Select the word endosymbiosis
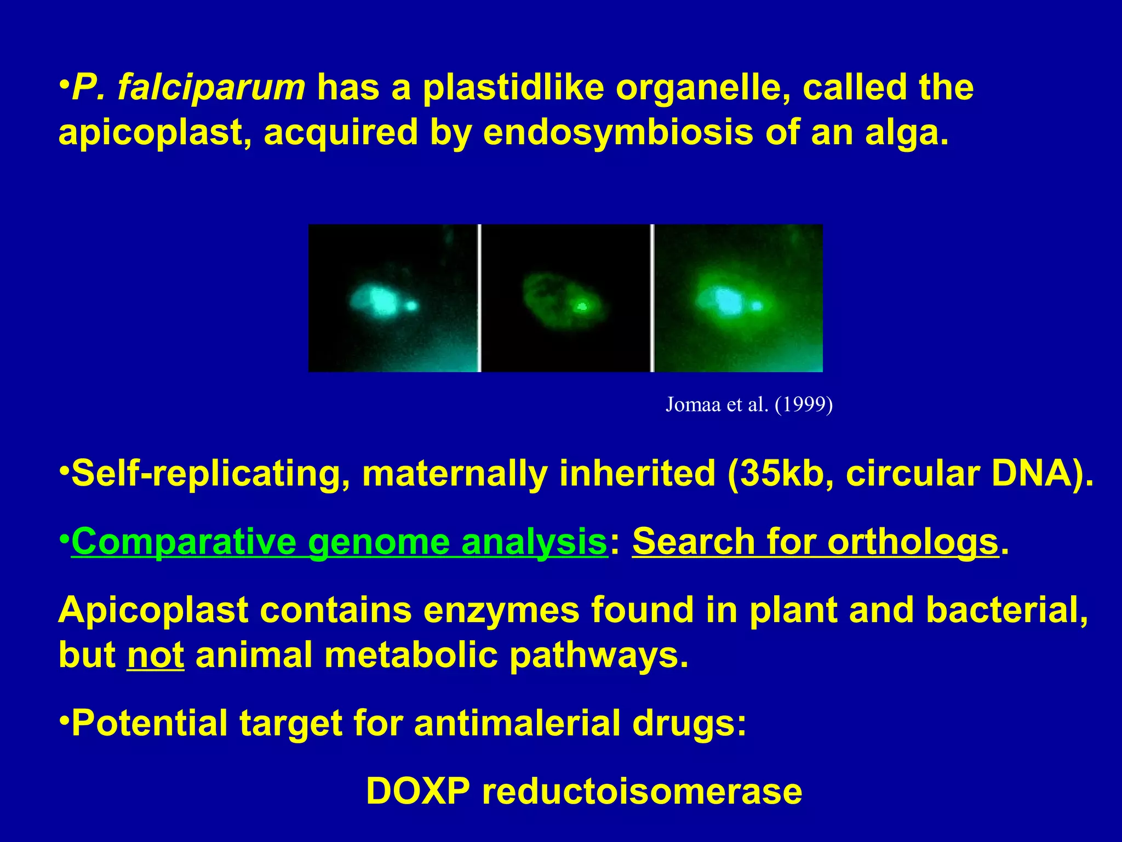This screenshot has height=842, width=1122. [617, 133]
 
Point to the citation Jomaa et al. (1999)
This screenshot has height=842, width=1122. [749, 405]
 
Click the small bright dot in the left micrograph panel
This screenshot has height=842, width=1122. [411, 305]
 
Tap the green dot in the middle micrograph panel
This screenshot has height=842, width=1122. [581, 306]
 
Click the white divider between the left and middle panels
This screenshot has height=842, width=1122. [479, 298]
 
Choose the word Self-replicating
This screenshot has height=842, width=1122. [210, 474]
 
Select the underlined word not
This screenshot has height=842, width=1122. [156, 655]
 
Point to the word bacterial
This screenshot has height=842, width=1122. [1006, 610]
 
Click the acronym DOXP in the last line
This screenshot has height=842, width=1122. [417, 791]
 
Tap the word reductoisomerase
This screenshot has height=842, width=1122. [642, 791]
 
